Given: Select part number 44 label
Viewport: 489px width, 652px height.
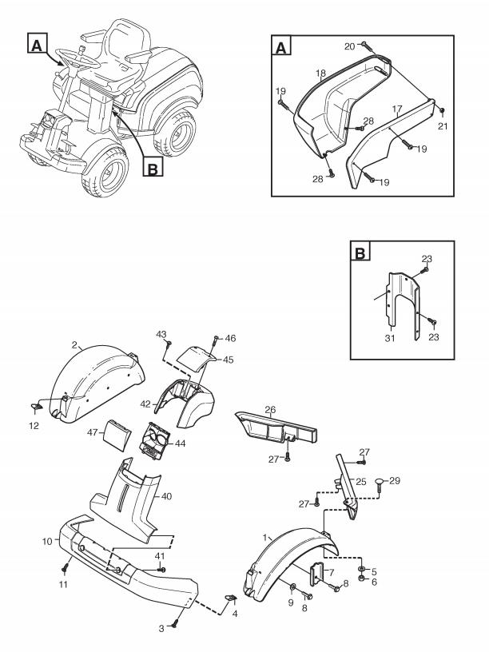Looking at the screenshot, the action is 180,443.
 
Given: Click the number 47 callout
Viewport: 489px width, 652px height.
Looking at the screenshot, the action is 93,432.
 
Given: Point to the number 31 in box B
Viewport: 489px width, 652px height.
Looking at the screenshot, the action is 390,338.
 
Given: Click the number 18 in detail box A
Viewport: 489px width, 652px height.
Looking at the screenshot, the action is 320,74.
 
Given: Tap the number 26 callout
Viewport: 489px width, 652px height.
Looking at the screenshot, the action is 270,410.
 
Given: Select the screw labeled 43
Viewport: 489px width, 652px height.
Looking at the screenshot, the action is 169,345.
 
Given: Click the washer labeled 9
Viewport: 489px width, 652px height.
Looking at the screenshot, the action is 292,586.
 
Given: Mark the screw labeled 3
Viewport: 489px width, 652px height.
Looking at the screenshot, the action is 175,623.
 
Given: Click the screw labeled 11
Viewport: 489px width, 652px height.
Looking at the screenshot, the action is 65,567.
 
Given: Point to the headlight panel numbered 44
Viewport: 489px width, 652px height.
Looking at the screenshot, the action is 155,441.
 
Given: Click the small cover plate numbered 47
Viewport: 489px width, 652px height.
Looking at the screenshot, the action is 117,435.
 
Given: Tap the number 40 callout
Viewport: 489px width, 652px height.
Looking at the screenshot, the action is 166,496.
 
